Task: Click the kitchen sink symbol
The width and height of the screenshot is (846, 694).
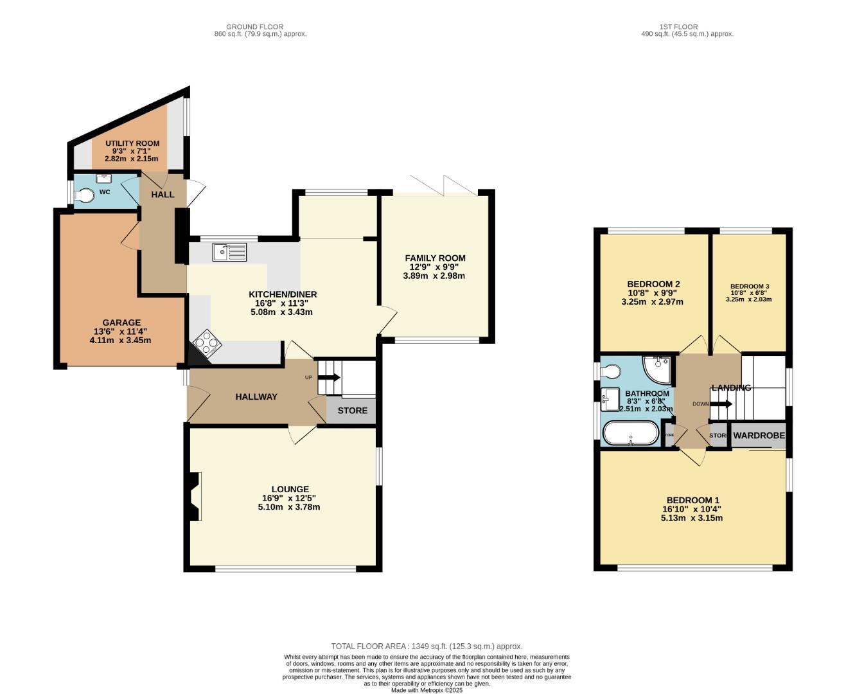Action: coord(229,253)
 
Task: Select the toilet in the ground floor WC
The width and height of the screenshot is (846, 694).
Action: coord(85,194)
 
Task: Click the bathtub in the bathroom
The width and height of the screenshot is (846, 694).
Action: coord(631,434)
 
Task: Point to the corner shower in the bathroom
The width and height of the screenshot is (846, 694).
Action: coord(658,369)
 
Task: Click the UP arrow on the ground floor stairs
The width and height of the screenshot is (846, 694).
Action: coord(331,378)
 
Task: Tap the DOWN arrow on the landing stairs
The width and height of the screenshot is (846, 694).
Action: coord(721,404)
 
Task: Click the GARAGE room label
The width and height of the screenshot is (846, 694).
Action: coord(121,323)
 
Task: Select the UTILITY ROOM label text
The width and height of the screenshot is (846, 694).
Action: coord(132,143)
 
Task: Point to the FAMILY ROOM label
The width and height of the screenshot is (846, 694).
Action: coord(435,258)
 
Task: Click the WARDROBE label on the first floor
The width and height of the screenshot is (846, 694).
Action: coord(759,436)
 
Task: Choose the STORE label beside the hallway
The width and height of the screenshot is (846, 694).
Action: coord(353,411)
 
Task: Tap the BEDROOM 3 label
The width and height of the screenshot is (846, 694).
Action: coord(749,287)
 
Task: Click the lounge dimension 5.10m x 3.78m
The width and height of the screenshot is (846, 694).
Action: coord(289,507)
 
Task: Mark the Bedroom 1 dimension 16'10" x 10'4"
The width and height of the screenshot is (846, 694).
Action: coord(692,509)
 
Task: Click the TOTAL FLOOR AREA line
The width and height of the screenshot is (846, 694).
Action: coord(427,646)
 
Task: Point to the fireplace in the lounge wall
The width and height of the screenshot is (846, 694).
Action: coord(195,496)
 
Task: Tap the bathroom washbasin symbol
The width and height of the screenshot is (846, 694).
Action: coord(610,399)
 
